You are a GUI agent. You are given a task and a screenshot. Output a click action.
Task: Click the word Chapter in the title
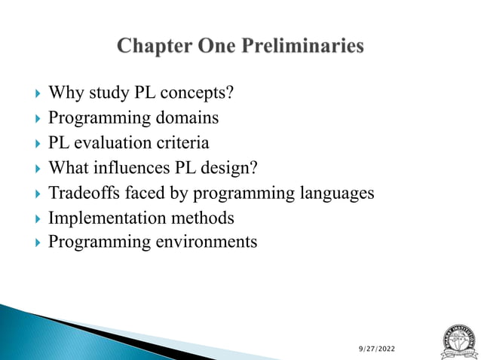pos(153,47)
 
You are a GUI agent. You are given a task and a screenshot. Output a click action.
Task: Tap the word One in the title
pos(215,47)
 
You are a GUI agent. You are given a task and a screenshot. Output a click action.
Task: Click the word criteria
pos(181,143)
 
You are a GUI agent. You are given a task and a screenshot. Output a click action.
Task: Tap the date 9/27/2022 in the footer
pos(376,349)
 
